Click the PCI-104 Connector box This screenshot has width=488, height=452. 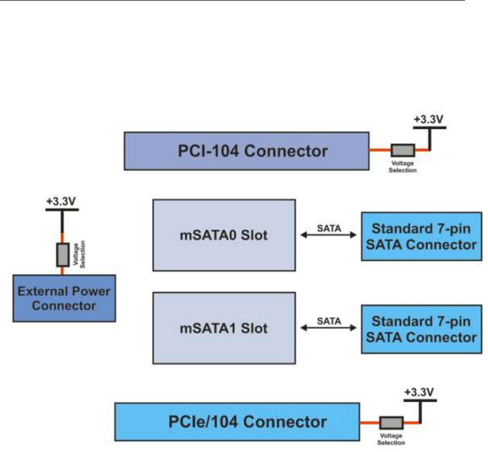tap(246, 151)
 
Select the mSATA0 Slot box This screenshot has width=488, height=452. tap(224, 235)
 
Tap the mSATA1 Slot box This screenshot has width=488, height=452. tap(224, 327)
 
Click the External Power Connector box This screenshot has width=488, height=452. tap(64, 298)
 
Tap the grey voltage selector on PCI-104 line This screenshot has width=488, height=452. tap(404, 151)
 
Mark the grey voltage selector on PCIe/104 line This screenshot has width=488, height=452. tap(392, 422)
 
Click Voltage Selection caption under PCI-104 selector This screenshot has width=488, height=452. tap(404, 167)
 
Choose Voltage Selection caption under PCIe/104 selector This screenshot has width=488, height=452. tap(392, 440)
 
